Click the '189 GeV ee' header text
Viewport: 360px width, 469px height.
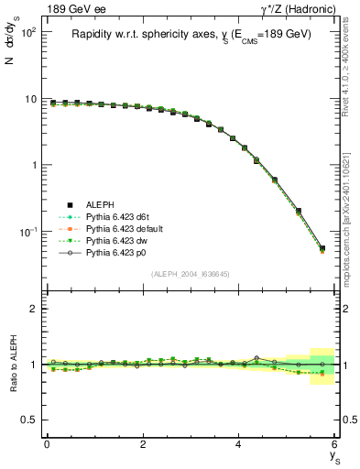point(71,8)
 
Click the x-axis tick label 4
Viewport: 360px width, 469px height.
point(238,444)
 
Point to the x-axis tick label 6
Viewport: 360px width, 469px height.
point(334,444)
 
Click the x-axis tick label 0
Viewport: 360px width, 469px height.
point(47,444)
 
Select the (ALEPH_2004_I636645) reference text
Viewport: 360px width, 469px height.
point(191,274)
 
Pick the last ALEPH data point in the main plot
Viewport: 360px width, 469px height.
point(322,247)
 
